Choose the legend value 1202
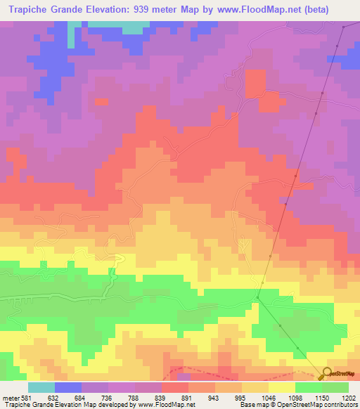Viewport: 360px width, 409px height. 349,397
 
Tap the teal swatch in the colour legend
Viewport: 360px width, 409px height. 41,387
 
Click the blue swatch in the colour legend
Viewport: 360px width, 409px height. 68,387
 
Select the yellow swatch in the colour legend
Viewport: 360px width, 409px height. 282,387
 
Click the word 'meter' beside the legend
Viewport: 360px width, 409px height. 10,397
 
